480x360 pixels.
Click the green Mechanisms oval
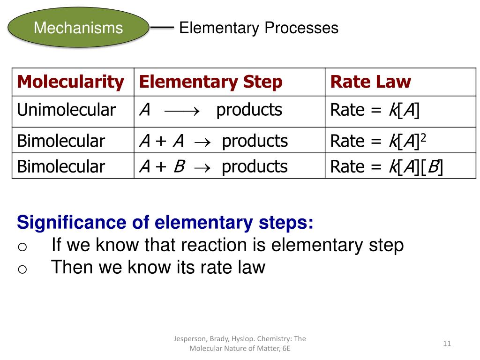click(78, 28)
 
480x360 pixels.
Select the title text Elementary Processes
click(258, 28)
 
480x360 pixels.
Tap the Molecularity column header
click(70, 82)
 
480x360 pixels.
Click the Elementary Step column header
click(210, 82)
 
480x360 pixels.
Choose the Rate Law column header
click(370, 82)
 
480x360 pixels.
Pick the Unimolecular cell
click(66, 110)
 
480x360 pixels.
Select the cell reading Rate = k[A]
click(375, 110)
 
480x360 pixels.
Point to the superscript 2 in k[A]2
click(423, 136)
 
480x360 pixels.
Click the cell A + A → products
click(213, 141)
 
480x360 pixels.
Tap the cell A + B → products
click(213, 166)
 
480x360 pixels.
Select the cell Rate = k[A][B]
click(386, 166)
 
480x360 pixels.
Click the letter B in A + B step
click(179, 166)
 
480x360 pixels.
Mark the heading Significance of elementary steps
click(165, 222)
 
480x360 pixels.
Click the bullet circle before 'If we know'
click(22, 247)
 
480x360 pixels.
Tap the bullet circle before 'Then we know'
click(22, 269)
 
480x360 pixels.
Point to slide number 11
click(446, 344)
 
